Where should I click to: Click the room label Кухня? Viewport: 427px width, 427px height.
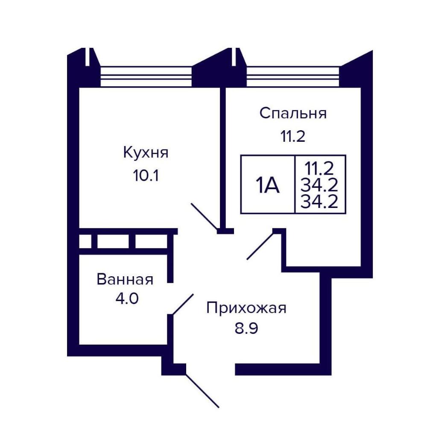point(146,152)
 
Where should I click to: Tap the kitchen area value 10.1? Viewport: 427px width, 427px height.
point(146,175)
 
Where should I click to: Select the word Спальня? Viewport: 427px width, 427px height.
point(293,113)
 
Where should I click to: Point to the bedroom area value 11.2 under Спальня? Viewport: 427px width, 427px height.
point(293,136)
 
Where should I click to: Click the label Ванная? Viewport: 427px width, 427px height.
point(125,279)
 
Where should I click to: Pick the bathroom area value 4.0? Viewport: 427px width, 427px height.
point(127,299)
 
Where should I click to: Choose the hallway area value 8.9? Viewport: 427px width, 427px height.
point(246,328)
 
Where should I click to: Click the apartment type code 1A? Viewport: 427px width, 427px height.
point(268,185)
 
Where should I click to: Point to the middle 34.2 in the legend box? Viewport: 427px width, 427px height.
point(319,185)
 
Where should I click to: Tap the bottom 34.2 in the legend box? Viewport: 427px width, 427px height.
point(319,202)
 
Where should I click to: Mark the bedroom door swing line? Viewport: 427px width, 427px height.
point(260,246)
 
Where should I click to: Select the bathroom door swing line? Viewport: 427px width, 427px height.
point(183,304)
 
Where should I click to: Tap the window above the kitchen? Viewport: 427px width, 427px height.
point(146,76)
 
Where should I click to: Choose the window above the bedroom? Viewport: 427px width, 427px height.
point(293,76)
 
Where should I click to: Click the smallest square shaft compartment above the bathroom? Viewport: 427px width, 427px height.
point(85,242)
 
